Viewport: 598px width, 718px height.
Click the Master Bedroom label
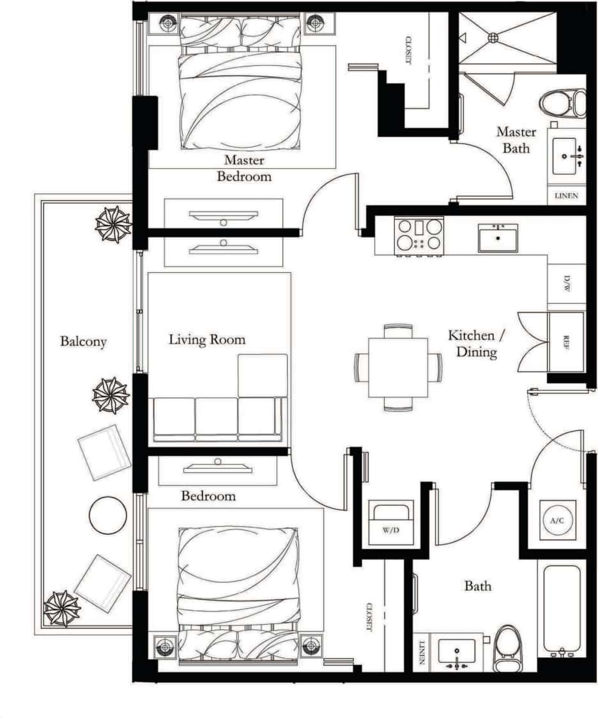tap(243, 168)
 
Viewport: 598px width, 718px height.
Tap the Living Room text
tap(206, 339)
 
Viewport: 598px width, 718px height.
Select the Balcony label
tap(83, 341)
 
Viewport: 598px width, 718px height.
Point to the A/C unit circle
tap(557, 520)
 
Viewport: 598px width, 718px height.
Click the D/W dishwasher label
tap(566, 284)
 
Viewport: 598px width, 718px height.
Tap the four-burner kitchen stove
tap(418, 235)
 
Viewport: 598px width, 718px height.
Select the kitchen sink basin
tap(498, 238)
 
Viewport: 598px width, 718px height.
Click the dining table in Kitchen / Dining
tap(398, 367)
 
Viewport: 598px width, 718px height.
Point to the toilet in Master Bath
tap(563, 103)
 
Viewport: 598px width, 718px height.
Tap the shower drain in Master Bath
tap(493, 38)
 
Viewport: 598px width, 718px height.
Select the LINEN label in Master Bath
tap(566, 196)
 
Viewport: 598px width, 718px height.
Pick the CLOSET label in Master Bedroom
tap(407, 51)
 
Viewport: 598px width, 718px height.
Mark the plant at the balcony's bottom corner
tap(62, 608)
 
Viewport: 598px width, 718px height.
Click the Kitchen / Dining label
tap(471, 343)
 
